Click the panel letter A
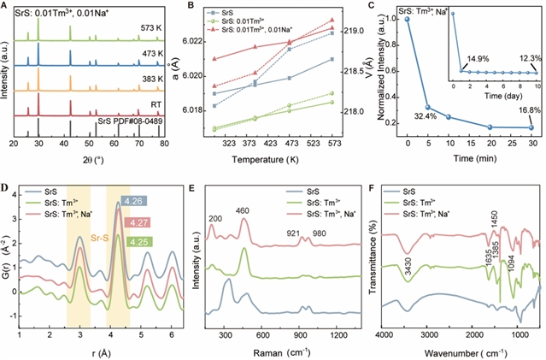pos(6,7)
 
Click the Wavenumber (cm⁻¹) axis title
pos(458,351)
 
